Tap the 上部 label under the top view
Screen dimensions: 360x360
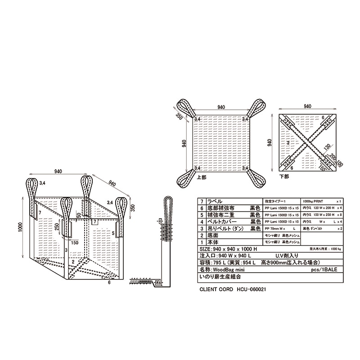click(202, 178)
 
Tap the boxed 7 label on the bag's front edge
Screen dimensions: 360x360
click(94, 222)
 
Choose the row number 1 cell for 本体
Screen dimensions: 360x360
click(202, 242)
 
